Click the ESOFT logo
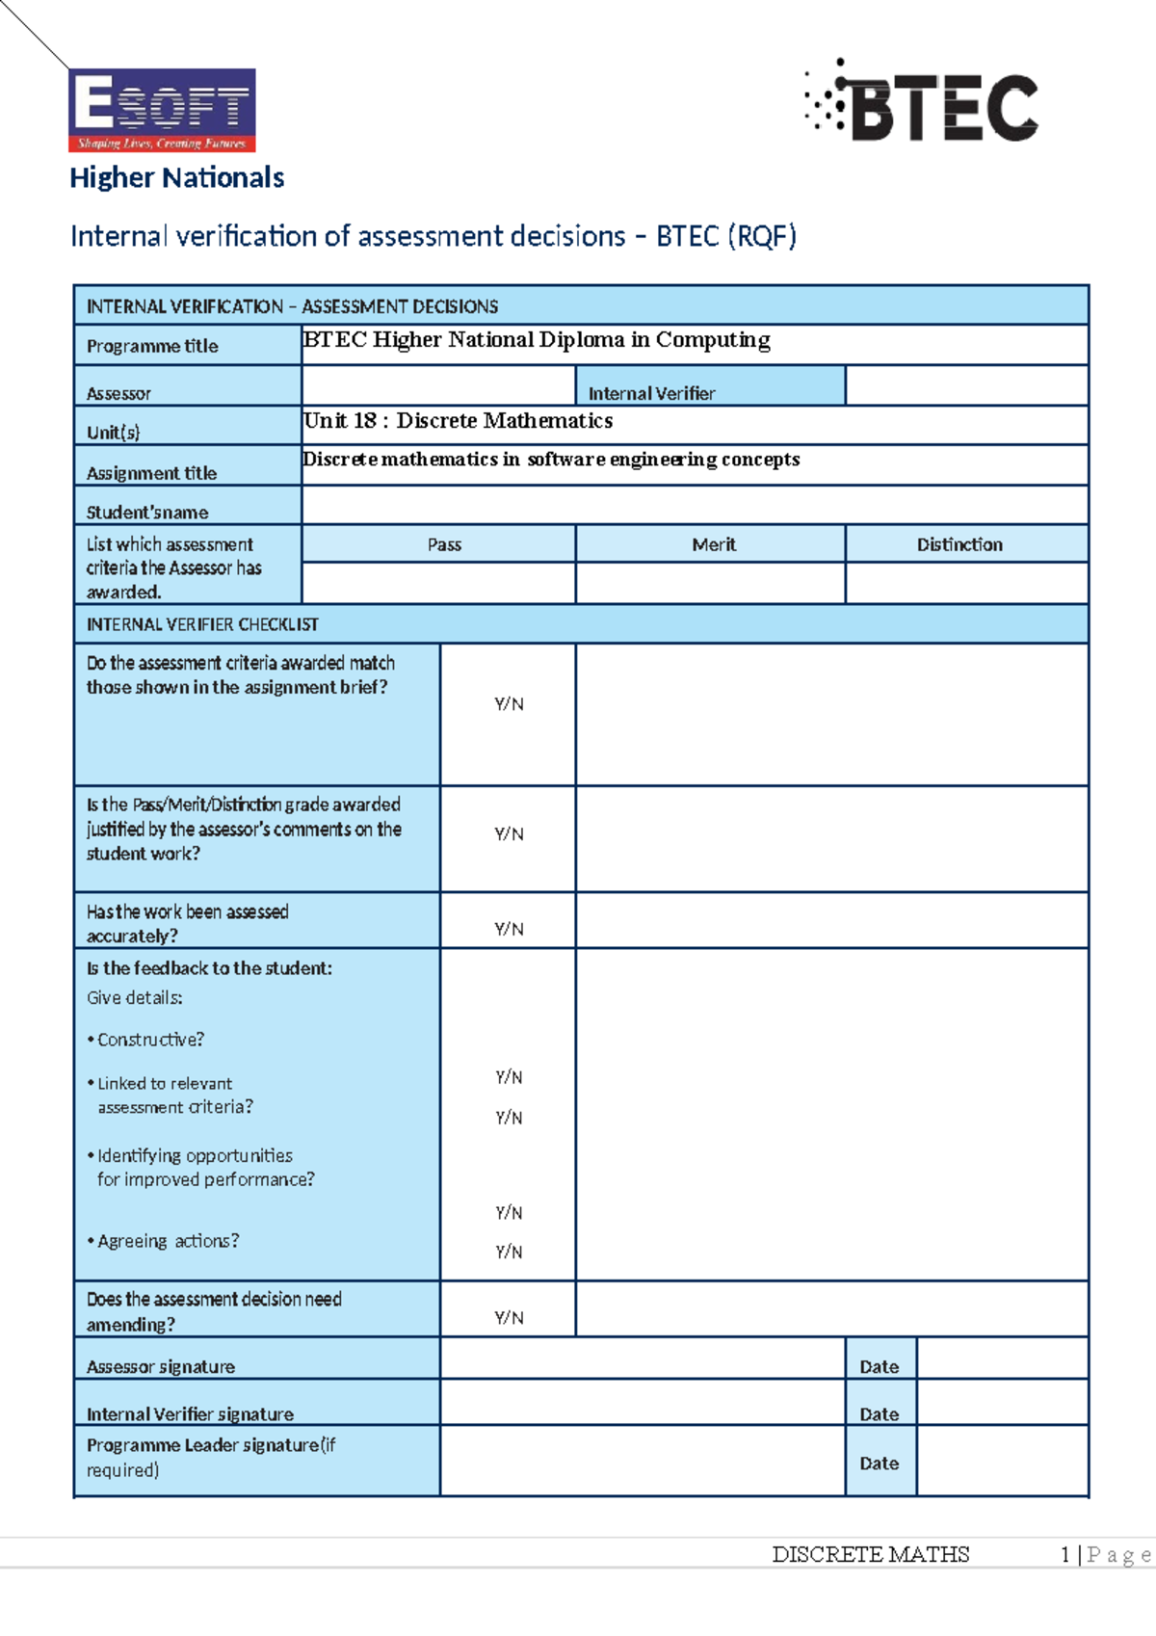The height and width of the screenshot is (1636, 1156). coord(162,110)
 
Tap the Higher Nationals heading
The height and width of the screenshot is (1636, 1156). coord(177,178)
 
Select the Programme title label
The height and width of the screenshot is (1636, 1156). coord(152,346)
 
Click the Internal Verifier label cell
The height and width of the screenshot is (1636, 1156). coord(651,393)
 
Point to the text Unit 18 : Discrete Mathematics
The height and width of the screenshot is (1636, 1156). coord(459,421)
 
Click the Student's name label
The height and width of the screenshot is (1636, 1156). coord(147,513)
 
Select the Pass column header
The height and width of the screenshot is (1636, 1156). coord(444,544)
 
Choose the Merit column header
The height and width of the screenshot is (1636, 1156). coord(713,544)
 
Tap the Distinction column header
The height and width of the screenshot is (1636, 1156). coord(959,544)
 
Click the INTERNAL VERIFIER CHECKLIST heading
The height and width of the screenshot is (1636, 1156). coord(202,624)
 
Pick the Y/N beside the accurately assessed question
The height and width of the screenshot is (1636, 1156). coord(509,929)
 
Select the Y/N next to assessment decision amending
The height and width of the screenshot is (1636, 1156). coord(509,1317)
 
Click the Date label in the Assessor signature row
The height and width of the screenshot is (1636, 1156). coord(879,1366)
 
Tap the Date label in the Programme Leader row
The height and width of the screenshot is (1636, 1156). coord(879,1463)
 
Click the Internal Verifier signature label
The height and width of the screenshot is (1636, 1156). coord(190,1414)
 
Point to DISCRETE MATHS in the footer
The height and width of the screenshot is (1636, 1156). coord(870,1554)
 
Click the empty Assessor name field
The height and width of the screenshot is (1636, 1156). coord(438,385)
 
